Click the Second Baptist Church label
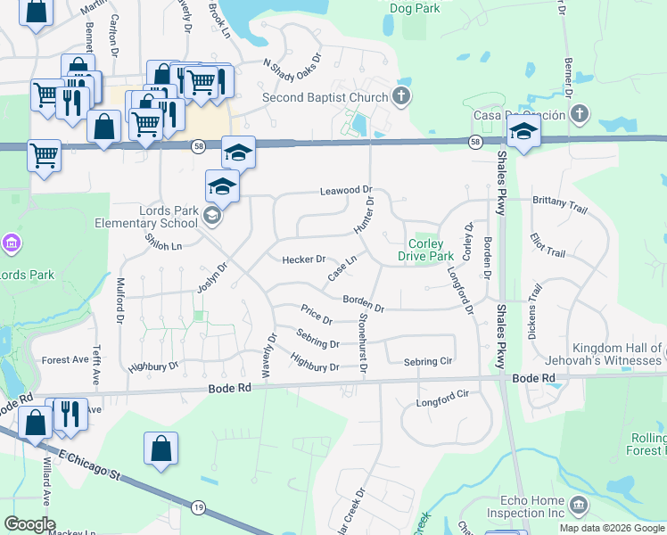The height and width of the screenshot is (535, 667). (325, 98)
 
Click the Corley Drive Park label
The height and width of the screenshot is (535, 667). (432, 250)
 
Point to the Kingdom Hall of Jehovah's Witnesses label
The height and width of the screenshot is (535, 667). (597, 353)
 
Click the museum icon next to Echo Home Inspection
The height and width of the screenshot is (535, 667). (579, 506)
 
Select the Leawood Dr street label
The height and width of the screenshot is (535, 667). (345, 191)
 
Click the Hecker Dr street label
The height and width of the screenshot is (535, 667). (304, 259)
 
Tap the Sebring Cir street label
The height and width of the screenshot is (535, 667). (428, 361)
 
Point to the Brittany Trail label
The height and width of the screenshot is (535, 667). (560, 204)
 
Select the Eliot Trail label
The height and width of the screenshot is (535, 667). (547, 247)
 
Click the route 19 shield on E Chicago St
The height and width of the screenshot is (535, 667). (196, 506)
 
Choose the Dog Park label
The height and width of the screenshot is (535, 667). (416, 8)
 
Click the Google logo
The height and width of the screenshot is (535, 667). (29, 524)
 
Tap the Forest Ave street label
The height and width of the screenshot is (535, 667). (65, 360)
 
